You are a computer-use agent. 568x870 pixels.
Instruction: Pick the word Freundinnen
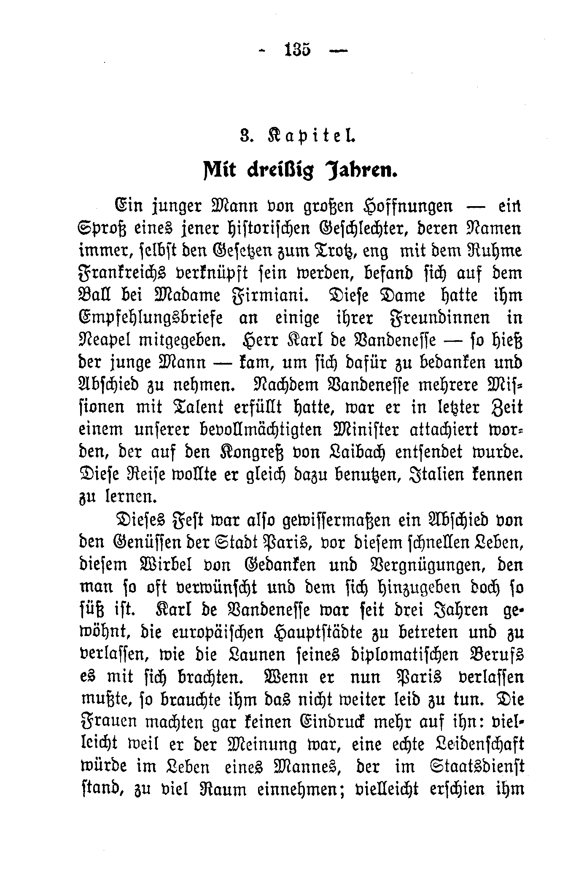pos(437,318)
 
